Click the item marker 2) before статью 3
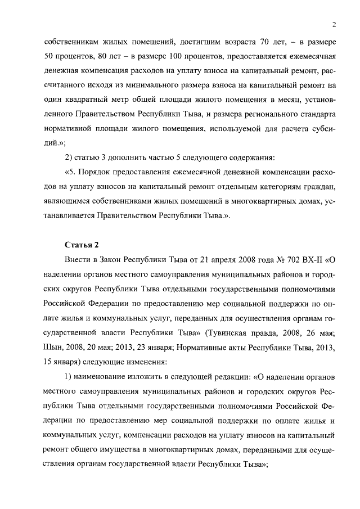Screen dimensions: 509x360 point(70,157)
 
